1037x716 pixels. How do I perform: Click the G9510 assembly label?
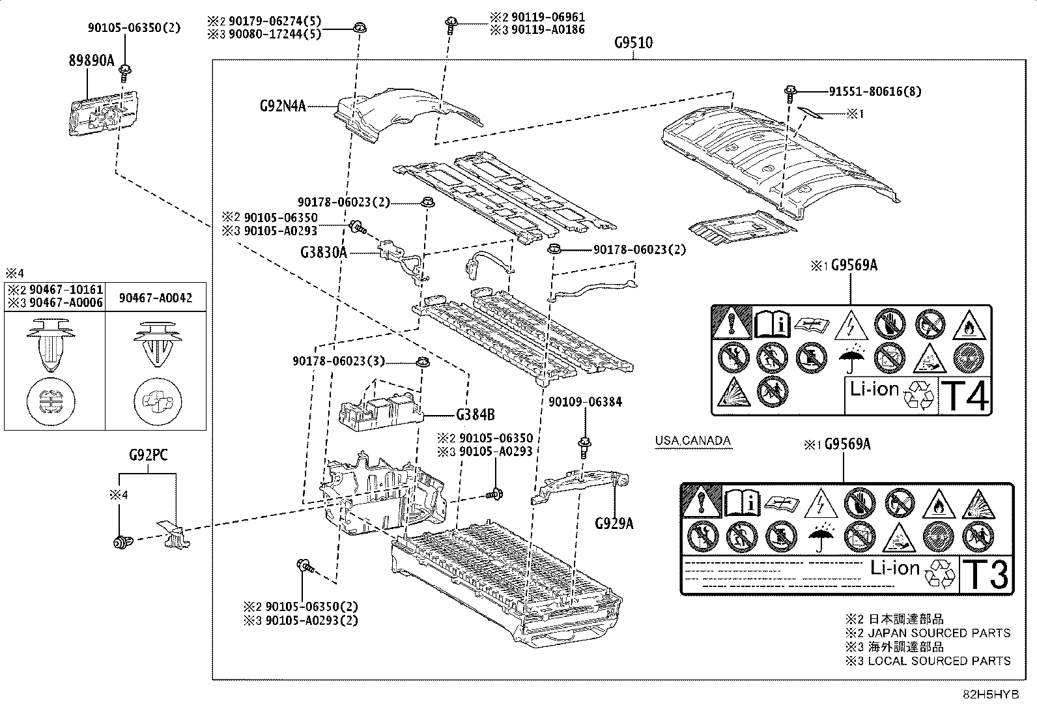click(633, 44)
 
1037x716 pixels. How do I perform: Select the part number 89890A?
click(91, 61)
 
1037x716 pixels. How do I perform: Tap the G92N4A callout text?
click(282, 106)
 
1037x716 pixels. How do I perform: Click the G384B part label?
click(475, 414)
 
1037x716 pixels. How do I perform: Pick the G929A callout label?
click(614, 523)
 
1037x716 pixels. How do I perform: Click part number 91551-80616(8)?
click(875, 92)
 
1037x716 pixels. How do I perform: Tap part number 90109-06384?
click(585, 402)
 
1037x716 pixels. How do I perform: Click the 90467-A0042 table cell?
click(156, 298)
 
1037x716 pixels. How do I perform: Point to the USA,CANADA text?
click(693, 441)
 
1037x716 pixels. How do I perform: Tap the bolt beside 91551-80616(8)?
click(790, 93)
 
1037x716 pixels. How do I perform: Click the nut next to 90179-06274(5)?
click(358, 27)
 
